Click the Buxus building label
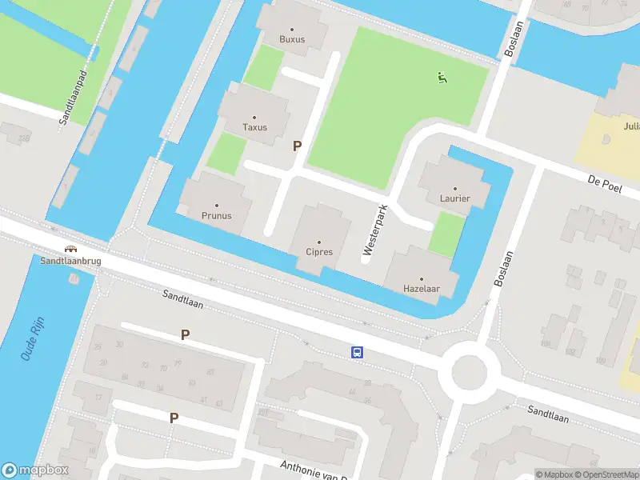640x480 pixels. [292, 39]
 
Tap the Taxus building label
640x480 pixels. [255, 127]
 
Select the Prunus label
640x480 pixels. [216, 215]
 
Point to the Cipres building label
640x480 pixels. [319, 252]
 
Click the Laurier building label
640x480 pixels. [454, 198]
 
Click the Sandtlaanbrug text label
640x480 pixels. [70, 261]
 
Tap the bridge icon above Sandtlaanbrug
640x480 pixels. [70, 249]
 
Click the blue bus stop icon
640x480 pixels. [358, 352]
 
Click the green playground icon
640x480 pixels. [441, 78]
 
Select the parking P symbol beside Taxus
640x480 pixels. [298, 146]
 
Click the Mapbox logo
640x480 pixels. [35, 470]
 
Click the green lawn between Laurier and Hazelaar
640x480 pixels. [446, 234]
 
